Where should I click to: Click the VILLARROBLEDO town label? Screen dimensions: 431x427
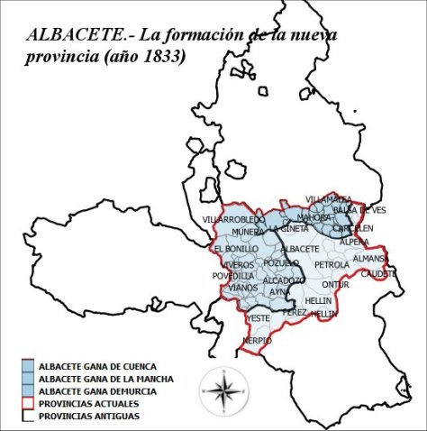[x=234, y=220]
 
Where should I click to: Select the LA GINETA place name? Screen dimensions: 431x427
[x=287, y=229]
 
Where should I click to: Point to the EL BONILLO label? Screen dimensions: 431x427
[x=236, y=248]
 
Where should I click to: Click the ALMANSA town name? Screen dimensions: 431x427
[x=370, y=259]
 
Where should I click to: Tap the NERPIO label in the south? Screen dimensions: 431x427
[x=257, y=341]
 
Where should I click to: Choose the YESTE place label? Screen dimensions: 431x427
[x=259, y=318]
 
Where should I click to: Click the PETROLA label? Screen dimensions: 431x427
[x=332, y=265]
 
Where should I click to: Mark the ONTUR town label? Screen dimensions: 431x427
[x=335, y=285]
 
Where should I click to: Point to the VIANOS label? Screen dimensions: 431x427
[x=243, y=288]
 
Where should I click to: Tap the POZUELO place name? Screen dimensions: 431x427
[x=281, y=262]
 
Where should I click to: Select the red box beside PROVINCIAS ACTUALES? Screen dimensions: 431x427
[x=28, y=402]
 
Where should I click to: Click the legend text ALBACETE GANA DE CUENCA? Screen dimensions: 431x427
[x=98, y=366]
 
